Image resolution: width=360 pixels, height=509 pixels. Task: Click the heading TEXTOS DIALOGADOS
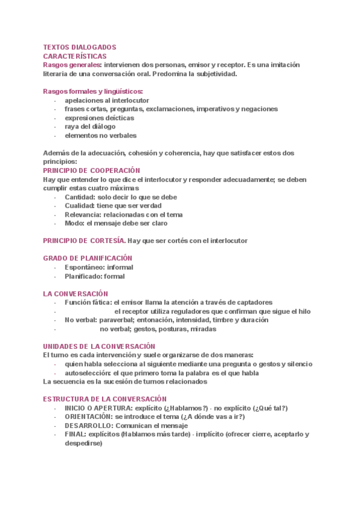[80, 47]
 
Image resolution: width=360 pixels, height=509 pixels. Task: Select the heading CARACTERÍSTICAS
[75, 56]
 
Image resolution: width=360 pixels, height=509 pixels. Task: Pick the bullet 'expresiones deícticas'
[99, 118]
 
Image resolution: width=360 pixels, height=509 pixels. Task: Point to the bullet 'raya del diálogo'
[90, 127]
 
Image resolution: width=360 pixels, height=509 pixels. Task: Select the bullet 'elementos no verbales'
[100, 136]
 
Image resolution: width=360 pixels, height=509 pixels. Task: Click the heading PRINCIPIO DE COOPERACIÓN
[91, 170]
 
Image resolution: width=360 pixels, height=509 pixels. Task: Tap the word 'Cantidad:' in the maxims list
[80, 197]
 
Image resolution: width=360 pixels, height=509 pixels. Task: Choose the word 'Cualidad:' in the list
[80, 206]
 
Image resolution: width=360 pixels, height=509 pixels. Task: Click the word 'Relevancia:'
[83, 214]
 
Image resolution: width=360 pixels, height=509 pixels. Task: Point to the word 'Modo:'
[74, 223]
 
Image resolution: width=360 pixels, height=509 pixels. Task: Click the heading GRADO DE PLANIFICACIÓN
[88, 258]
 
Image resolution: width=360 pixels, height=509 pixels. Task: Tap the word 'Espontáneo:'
[85, 267]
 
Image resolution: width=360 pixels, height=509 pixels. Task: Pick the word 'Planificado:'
[83, 276]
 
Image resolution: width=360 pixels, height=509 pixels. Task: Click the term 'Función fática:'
[88, 303]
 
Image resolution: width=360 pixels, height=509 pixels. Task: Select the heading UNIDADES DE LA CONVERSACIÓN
[99, 346]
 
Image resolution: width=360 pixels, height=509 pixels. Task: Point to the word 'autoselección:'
[87, 373]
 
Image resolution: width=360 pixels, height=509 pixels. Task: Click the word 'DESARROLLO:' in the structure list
[88, 426]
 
